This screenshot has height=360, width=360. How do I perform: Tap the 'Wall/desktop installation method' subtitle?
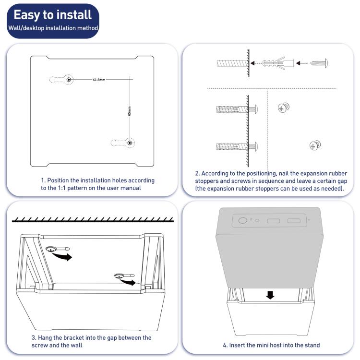53,28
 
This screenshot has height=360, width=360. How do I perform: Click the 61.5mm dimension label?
100,79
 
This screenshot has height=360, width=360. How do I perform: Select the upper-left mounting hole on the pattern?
69,79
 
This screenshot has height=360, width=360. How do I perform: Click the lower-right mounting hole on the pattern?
130,142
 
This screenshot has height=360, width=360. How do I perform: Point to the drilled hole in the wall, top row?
231,63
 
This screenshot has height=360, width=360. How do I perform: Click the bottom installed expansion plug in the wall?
231,145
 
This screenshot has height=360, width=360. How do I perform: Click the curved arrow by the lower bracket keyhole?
127,283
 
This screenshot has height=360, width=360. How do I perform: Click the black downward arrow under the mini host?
271,294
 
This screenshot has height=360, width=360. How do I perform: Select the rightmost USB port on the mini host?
294,221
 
